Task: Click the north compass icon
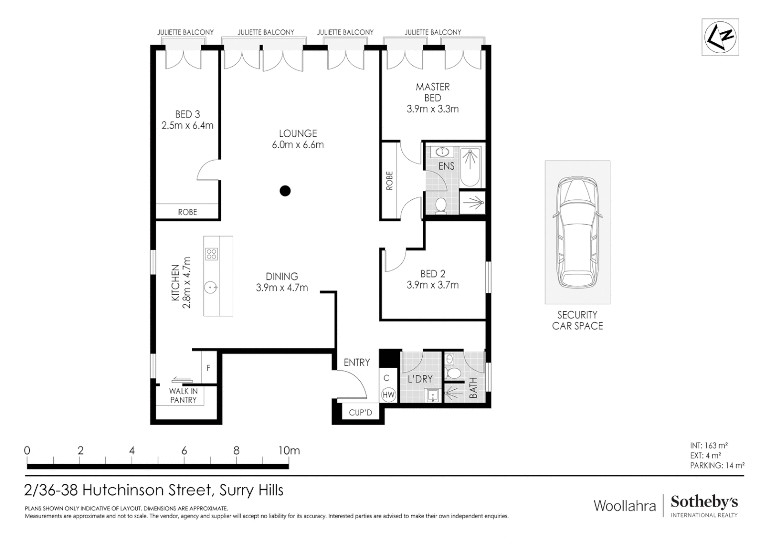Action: tap(720, 37)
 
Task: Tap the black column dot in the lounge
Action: tap(285, 190)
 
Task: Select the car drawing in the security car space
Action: tap(577, 232)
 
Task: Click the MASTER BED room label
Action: tap(432, 92)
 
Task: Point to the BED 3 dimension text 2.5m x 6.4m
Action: tap(188, 126)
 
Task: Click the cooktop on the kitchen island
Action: tap(211, 254)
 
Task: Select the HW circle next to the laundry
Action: tap(388, 395)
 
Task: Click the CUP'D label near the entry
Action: tap(360, 413)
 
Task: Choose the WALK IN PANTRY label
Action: tap(183, 396)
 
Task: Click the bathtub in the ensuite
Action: tap(470, 167)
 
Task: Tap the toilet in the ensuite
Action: tap(441, 205)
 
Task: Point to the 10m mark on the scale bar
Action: tap(289, 451)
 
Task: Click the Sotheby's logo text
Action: tap(704, 502)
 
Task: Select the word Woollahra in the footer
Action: tap(625, 506)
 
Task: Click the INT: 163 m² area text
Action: tap(709, 446)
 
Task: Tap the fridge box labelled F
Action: tap(208, 368)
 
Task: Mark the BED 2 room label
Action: tap(432, 273)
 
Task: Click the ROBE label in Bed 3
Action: tap(188, 212)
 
